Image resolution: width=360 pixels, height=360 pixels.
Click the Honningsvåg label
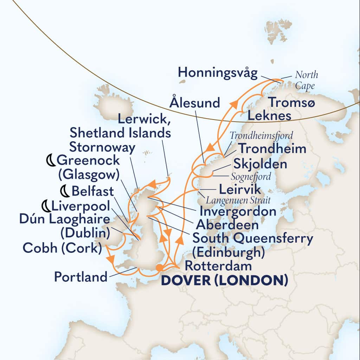tap(218, 73)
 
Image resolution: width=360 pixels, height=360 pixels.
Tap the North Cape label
tap(306, 81)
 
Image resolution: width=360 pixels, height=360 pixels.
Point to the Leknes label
tap(269, 115)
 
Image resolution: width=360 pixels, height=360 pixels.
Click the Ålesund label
tap(194, 103)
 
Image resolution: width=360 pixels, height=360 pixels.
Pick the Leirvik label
tap(240, 189)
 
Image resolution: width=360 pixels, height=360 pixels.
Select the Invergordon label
tap(238, 212)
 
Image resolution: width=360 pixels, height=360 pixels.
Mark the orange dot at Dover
tap(159, 268)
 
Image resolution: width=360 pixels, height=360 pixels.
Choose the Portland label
tap(81, 277)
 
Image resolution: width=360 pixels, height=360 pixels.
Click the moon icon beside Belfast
tap(65, 191)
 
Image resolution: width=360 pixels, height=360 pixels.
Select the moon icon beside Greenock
tap(51, 161)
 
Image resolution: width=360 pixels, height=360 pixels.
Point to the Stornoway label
tap(102, 148)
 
